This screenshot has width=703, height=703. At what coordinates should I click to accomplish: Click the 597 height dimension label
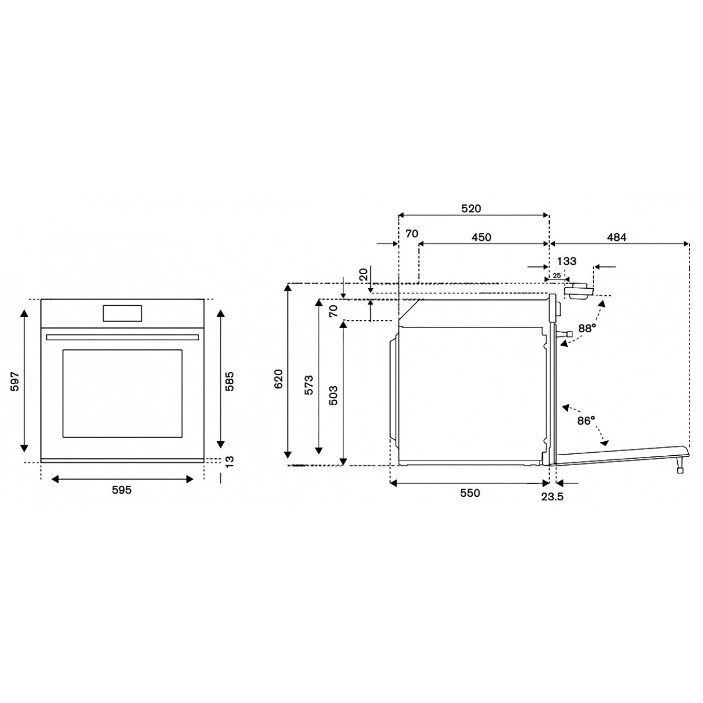(x=15, y=381)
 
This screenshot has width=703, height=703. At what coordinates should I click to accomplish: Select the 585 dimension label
(x=229, y=381)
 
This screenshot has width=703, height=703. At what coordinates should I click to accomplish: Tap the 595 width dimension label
(x=121, y=490)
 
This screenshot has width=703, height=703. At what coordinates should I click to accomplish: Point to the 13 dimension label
(x=229, y=462)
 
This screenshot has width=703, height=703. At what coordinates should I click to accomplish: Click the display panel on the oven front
(x=122, y=313)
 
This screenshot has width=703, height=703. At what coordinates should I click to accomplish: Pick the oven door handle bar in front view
(x=122, y=337)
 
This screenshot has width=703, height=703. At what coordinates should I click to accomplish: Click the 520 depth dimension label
(x=472, y=209)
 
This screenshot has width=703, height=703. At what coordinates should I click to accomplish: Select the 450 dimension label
(x=482, y=237)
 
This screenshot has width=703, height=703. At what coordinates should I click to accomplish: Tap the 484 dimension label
(x=616, y=237)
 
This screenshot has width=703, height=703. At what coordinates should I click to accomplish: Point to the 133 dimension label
(x=567, y=261)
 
